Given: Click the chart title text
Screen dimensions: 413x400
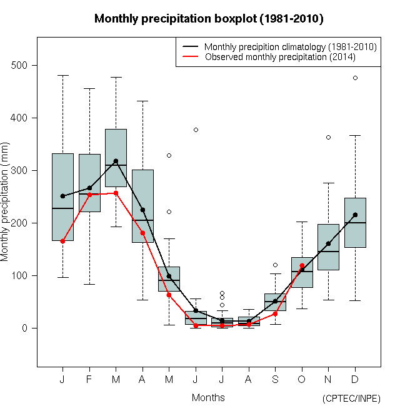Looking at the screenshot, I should [x=209, y=19].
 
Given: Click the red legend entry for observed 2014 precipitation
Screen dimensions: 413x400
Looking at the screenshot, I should [x=279, y=57].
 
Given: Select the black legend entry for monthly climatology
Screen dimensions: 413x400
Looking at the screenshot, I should [x=290, y=47].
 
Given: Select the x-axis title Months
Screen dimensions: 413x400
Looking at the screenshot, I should [x=208, y=397].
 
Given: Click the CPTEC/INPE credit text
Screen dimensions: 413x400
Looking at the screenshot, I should [x=351, y=399].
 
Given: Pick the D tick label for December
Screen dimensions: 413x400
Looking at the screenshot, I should [x=355, y=379].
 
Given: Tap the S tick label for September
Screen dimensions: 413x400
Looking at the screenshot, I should [x=275, y=379].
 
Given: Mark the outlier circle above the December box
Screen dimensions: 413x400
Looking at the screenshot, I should [x=355, y=78].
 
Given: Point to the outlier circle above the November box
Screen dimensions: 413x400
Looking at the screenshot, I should [x=328, y=137].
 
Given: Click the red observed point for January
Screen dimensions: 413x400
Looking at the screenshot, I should [x=62, y=241].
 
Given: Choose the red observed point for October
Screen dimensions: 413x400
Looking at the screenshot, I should [x=302, y=266].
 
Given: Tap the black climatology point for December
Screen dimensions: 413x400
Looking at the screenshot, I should [x=355, y=215].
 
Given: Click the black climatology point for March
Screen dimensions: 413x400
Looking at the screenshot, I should [x=116, y=161].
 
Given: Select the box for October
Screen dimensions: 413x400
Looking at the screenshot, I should [x=302, y=273].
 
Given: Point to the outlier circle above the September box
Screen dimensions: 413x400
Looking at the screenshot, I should [x=275, y=265].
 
